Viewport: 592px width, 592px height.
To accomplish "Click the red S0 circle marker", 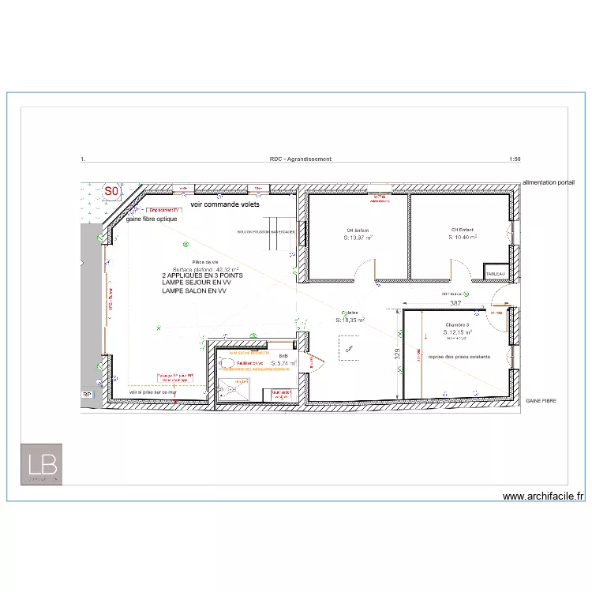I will (x=111, y=191).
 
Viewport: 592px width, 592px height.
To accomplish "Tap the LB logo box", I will (x=41, y=463).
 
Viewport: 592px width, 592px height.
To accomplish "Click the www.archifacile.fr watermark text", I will (x=543, y=496).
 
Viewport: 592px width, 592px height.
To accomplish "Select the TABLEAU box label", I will (x=495, y=273).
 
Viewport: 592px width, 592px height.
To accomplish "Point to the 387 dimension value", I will (x=455, y=303).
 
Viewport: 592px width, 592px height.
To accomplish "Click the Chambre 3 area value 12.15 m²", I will (x=458, y=332).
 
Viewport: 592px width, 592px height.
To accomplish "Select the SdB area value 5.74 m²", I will (x=283, y=364).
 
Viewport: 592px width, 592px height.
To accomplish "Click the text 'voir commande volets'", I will (x=225, y=204).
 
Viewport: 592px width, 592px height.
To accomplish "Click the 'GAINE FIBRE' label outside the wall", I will (x=541, y=401).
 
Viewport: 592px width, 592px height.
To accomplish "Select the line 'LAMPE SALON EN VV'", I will (x=194, y=290).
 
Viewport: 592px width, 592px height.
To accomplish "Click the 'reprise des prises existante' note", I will (x=459, y=357).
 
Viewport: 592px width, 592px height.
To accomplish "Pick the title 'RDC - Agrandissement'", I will (x=300, y=159).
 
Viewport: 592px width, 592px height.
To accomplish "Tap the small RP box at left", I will (x=87, y=393).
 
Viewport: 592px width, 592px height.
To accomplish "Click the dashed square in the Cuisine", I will (x=349, y=348).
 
